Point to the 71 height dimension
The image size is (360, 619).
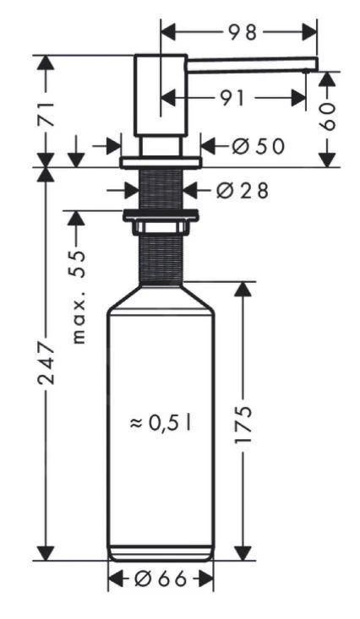click(50, 111)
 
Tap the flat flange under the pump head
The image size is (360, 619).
click(161, 161)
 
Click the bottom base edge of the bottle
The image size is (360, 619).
click(161, 555)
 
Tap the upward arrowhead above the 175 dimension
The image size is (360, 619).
click(243, 288)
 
